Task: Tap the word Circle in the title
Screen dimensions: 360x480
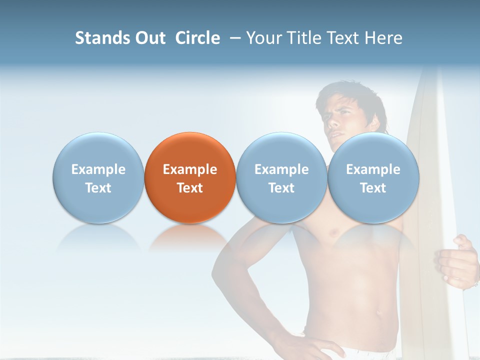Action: coord(197,38)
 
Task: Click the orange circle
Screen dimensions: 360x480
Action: coord(190,177)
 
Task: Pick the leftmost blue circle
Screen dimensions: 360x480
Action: coord(98,177)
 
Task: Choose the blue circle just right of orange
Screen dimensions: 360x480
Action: coord(281,177)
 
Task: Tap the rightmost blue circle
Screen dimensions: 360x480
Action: coord(373,177)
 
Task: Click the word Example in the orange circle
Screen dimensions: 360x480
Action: coord(190,169)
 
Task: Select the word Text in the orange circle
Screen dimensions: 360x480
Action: coord(190,188)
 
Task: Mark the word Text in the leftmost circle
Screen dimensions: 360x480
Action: coord(98,188)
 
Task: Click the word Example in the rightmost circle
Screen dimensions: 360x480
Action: coord(373,169)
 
